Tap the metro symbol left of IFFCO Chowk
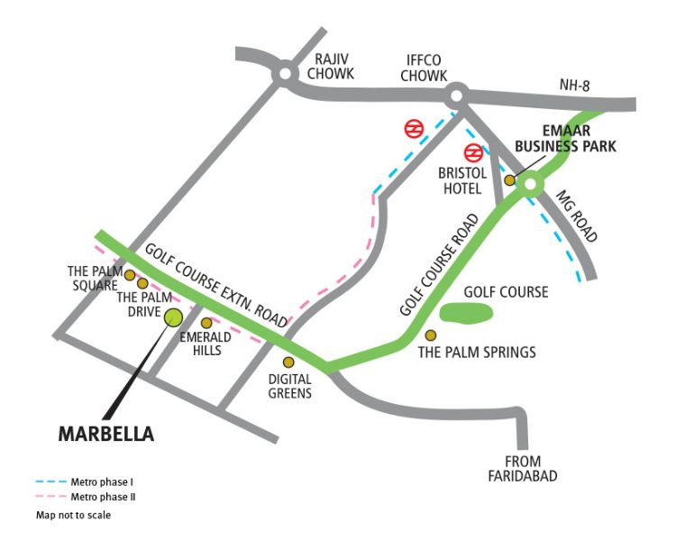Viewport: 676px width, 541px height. pos(414,129)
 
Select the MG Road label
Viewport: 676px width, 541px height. pos(577,217)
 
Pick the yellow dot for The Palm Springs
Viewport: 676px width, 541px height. pos(431,335)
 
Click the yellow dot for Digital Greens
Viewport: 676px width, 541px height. pos(288,362)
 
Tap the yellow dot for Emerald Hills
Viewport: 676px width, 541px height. pos(206,323)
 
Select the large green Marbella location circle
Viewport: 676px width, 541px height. pos(173,316)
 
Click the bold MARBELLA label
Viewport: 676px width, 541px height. pos(106,434)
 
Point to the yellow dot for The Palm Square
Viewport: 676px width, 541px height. pos(130,275)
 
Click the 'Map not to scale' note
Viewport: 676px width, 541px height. pos(73,515)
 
